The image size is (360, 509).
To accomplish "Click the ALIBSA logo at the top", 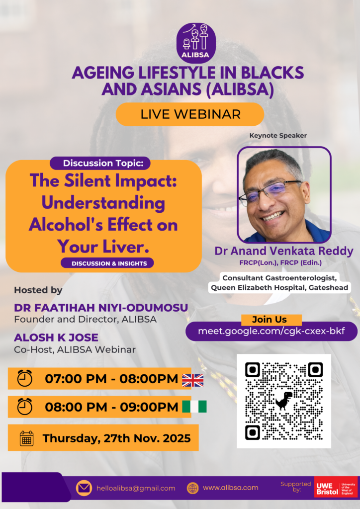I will point(196,43).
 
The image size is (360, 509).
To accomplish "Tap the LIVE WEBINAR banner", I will point(190,114).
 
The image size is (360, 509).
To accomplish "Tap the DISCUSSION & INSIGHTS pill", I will point(107,263).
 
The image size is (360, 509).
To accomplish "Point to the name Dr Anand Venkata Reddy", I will point(284,251).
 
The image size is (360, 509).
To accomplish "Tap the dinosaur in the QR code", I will point(283,401).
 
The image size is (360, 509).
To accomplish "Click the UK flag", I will point(192,380).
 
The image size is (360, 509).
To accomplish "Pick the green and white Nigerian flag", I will point(194,407).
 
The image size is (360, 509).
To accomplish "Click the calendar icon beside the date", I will point(26,438).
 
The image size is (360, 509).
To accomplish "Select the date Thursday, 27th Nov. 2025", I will point(116,438).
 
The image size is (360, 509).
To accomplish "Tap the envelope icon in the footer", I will point(84,488).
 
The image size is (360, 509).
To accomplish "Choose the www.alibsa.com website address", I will point(230,488).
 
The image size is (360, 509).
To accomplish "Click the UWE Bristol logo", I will point(336,488).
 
